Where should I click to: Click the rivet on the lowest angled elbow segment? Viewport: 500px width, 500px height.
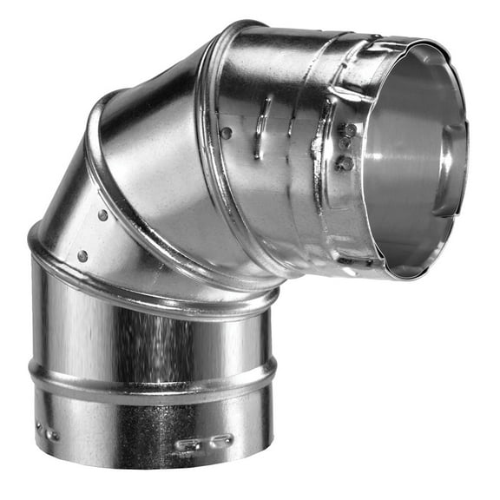coord(82,256)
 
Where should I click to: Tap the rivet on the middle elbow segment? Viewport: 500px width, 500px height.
coord(102,214)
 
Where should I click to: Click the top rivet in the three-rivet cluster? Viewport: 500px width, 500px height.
coord(350,130)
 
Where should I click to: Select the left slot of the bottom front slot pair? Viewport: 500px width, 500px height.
coord(187,444)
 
